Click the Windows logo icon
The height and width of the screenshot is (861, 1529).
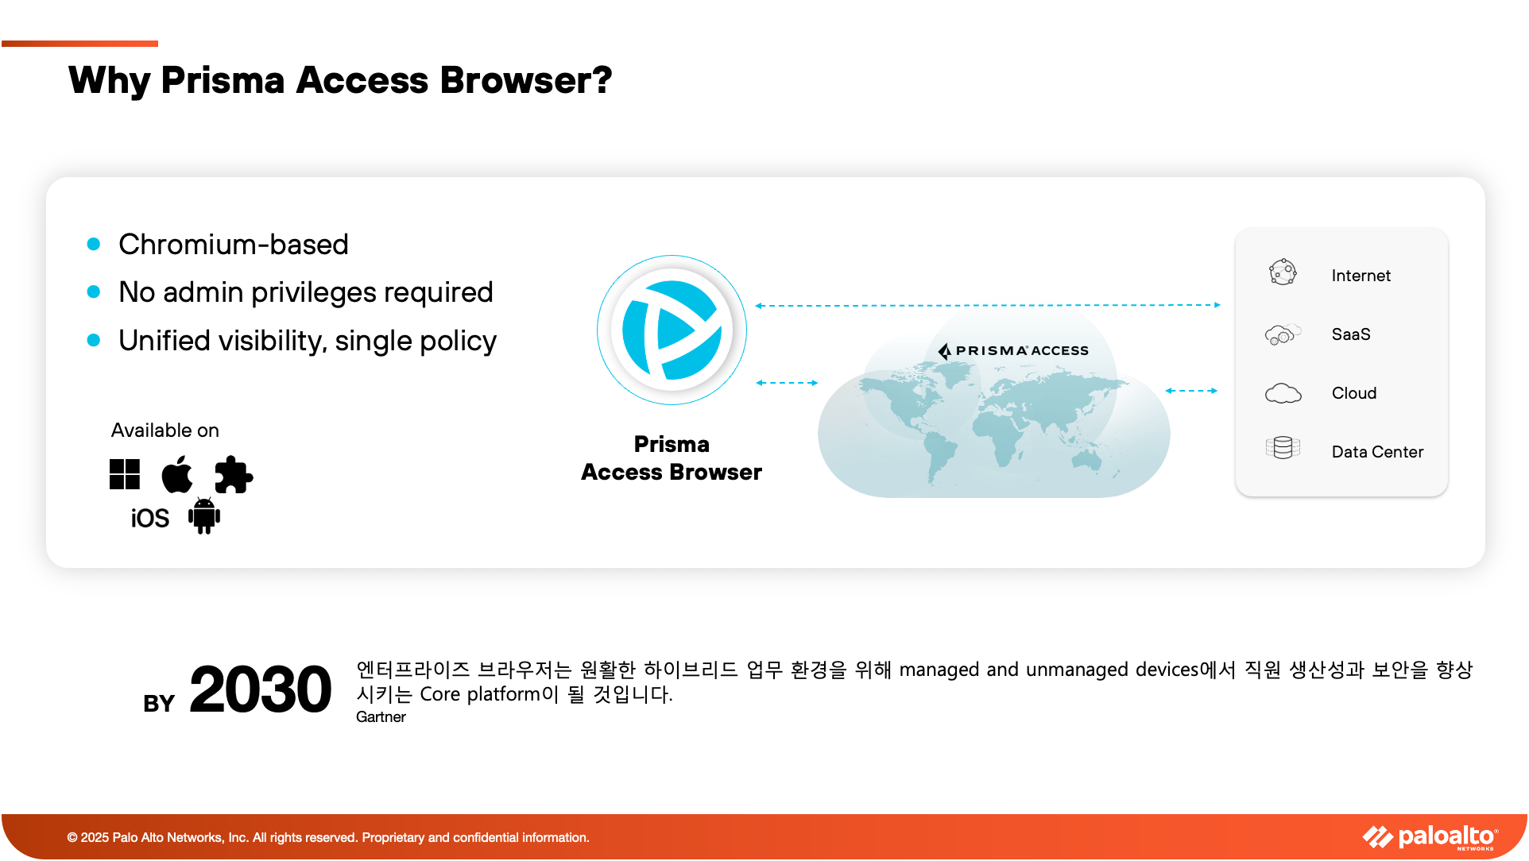click(125, 474)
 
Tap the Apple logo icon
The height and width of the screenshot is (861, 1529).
click(176, 474)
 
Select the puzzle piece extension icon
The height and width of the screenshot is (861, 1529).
click(234, 474)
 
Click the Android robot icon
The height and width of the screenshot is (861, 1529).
click(204, 516)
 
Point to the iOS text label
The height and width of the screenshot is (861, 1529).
click(150, 519)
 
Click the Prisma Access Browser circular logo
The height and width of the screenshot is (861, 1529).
click(672, 330)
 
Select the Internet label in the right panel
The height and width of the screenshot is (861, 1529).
click(1361, 276)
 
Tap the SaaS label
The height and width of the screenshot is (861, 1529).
click(1351, 334)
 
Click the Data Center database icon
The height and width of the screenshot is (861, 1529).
click(1283, 448)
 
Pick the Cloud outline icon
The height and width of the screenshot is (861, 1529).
click(1283, 393)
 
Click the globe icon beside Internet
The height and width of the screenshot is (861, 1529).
click(1283, 272)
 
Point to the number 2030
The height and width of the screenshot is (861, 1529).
click(260, 689)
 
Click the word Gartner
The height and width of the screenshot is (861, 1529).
click(381, 717)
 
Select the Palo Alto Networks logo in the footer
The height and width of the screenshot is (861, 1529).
click(1430, 837)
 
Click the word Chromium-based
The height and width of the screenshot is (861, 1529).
click(234, 245)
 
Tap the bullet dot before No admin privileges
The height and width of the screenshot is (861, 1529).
click(94, 292)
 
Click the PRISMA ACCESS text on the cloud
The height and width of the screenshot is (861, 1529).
click(1013, 350)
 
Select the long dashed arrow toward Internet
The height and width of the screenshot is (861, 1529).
click(988, 305)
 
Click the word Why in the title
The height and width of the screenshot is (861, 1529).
click(110, 80)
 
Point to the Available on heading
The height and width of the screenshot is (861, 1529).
click(165, 430)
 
